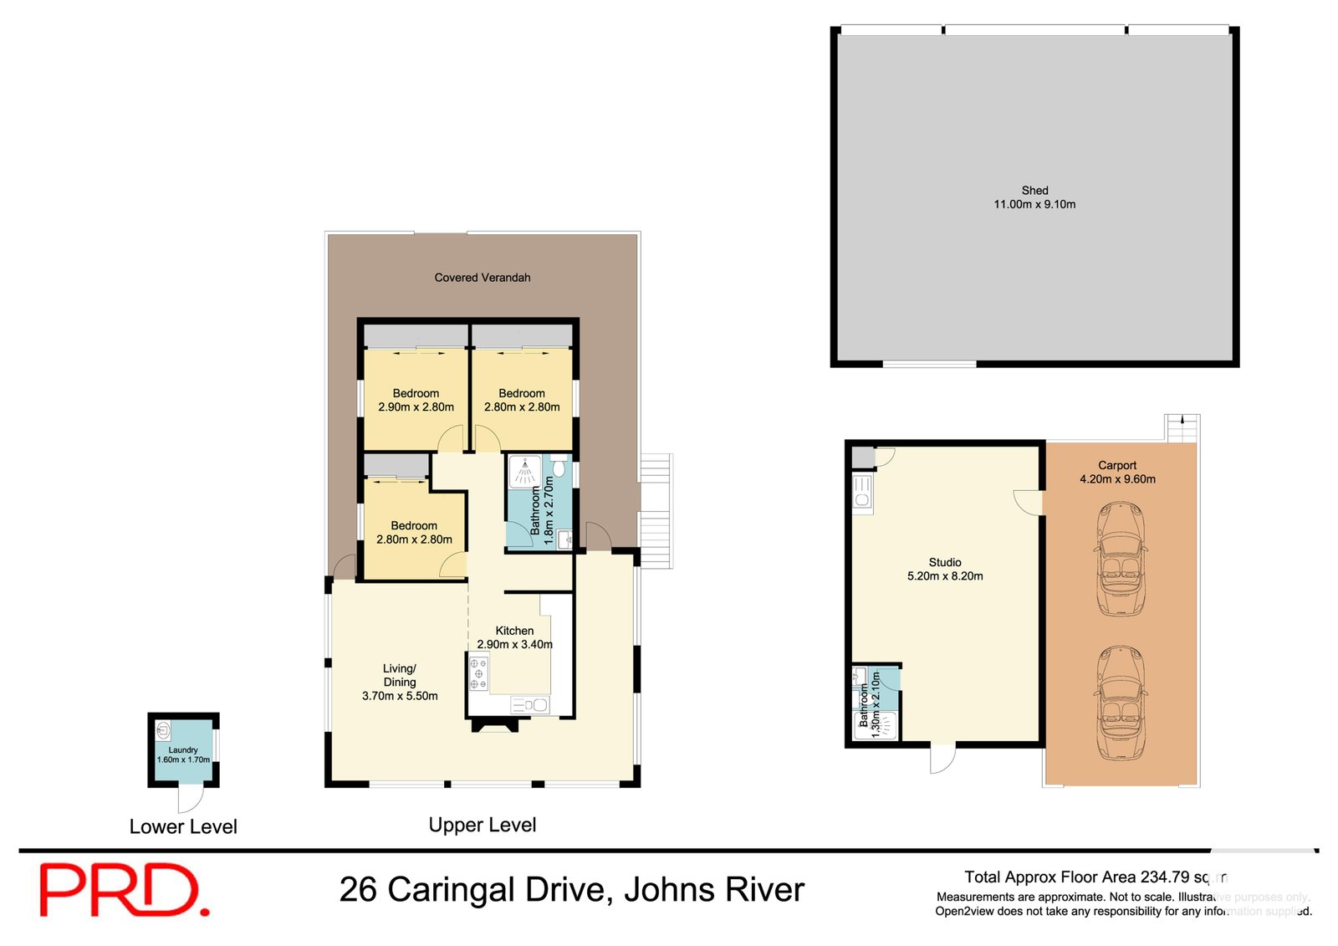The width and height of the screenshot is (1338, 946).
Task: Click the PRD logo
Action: point(124,891)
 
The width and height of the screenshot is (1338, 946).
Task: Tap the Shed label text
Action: point(1034,191)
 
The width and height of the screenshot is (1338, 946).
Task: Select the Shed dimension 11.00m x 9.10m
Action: point(1034,204)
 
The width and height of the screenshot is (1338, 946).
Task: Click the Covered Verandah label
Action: point(482,278)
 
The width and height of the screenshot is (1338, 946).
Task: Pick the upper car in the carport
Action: point(1120,559)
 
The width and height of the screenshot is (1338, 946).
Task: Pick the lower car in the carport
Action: point(1120,703)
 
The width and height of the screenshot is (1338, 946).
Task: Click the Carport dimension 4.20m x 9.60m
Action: point(1117,479)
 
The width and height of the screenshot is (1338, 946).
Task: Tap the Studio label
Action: point(945,562)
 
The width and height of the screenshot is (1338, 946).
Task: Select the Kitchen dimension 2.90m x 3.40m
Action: point(514,644)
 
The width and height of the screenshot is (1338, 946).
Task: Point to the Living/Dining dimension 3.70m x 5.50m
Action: point(400,696)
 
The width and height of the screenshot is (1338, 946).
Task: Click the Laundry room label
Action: point(183,750)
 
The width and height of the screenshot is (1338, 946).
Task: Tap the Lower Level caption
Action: point(183,826)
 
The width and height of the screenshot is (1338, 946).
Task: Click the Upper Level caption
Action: point(482,825)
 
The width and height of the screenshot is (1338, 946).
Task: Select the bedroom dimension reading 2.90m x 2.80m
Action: point(416,407)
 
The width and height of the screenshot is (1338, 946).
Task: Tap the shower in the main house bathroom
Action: point(524,471)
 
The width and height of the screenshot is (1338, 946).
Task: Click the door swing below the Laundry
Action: point(191,799)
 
